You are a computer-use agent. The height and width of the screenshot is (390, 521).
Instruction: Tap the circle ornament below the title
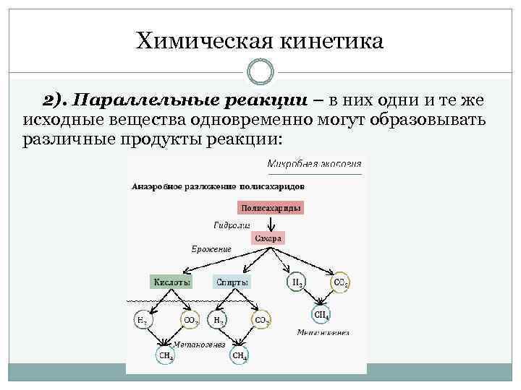pos(260,72)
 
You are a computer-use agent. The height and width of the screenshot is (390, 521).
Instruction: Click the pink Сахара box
pos(267,238)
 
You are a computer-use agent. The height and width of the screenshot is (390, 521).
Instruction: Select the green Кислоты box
pos(171,282)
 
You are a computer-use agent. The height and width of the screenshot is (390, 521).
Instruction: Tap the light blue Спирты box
pos(232,282)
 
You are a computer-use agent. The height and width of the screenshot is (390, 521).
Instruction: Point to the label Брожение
pos(211,249)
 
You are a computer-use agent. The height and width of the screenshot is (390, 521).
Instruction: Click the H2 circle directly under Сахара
pos(297,282)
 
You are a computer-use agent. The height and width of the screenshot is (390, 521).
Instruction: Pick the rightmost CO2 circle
pos(340,282)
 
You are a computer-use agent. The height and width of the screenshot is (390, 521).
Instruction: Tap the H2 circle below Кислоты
pos(143,319)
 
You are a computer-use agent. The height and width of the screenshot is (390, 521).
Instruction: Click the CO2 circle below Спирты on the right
pos(261,319)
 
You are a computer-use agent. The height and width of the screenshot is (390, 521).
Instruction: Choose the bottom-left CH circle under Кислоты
pos(166,355)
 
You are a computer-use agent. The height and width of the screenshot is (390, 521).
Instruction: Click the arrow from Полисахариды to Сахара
pos(268,222)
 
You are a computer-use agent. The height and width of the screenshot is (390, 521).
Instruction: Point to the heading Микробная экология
pos(314,164)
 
